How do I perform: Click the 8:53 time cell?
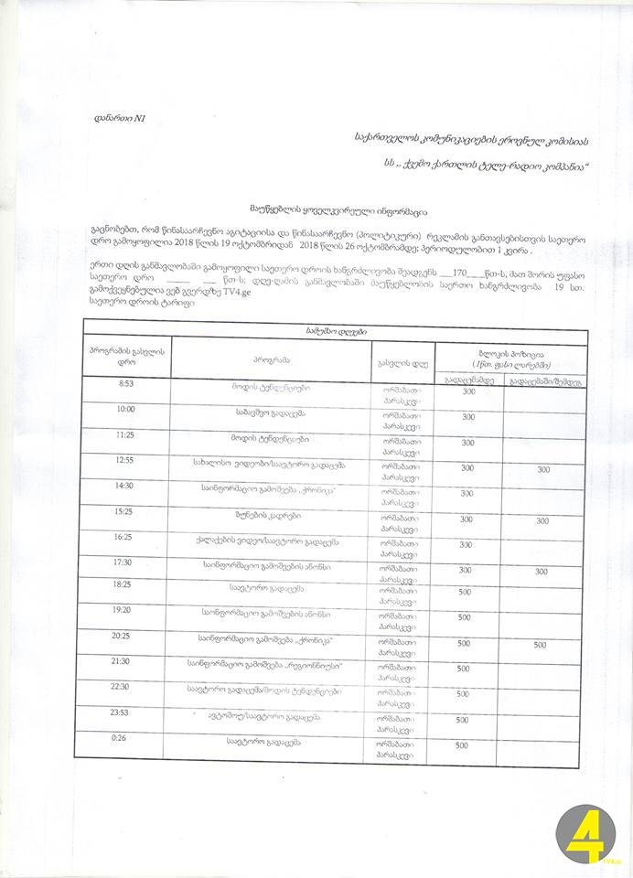(127, 385)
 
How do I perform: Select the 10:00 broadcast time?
(127, 411)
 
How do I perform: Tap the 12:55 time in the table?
(127, 462)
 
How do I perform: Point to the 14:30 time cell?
(127, 487)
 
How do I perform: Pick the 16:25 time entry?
(127, 538)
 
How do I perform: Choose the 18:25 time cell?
(127, 584)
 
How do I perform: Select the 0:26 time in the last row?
(127, 738)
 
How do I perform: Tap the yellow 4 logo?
(588, 834)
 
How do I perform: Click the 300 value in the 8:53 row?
(469, 391)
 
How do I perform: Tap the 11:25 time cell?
(127, 436)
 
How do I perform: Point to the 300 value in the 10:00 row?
(468, 417)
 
